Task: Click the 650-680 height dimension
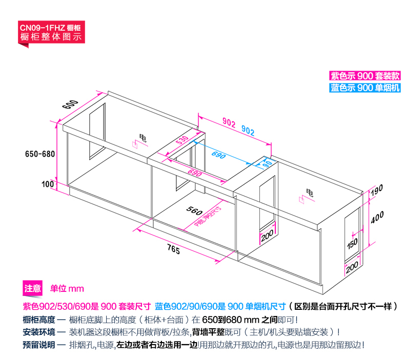[x=39, y=154]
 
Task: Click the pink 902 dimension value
[x=229, y=123]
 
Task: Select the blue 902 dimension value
[x=248, y=131]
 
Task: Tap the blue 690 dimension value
[x=218, y=155]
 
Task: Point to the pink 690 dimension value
[x=194, y=173]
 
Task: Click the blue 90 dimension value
[x=267, y=164]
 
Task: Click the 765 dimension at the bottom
[x=173, y=250]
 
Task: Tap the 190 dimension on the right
[x=377, y=192]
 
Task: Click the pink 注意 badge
[x=32, y=288]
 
